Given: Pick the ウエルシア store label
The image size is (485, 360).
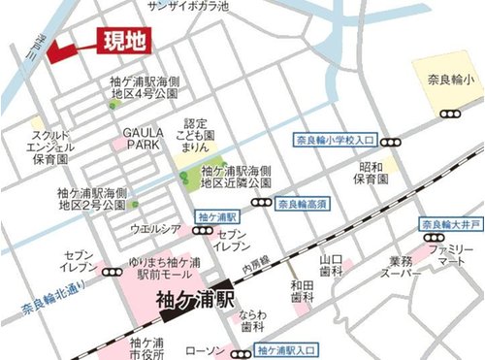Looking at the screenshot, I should point(155,229).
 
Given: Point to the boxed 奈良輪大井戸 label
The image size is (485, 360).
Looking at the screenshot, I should point(450,226).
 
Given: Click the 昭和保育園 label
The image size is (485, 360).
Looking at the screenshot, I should point(371,173).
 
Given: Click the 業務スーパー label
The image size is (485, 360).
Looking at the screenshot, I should point(401,268).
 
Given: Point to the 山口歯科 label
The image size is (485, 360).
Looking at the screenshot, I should point(332,265).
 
